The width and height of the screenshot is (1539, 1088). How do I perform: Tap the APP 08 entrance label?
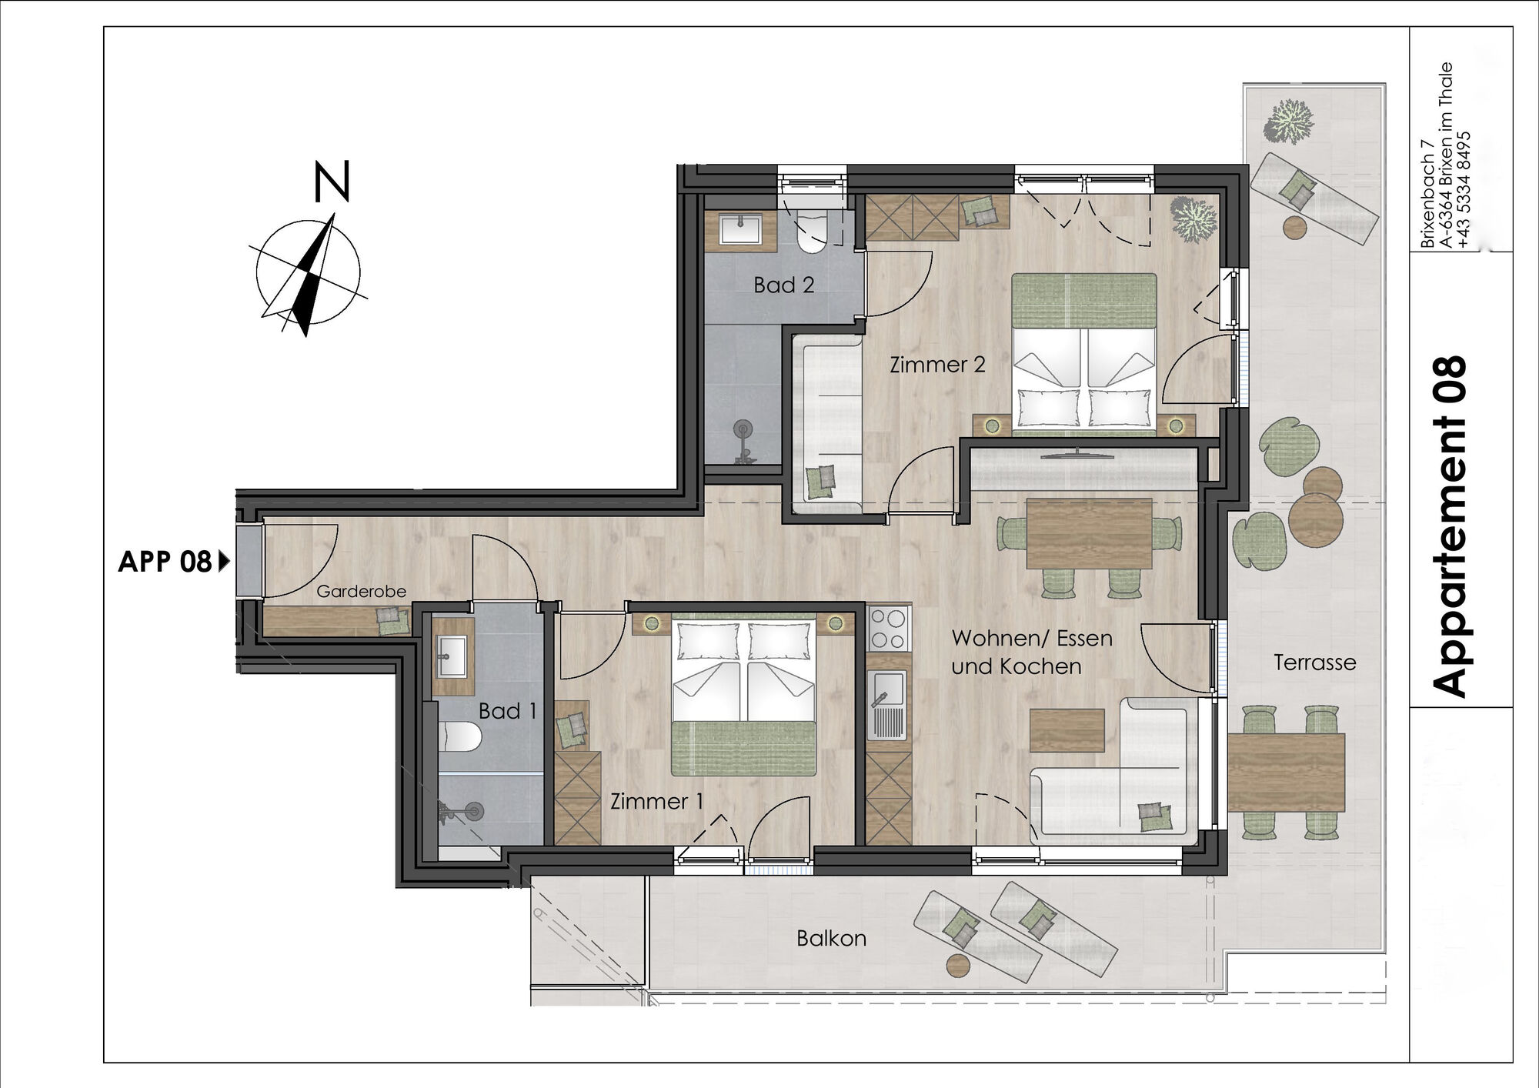click(x=165, y=562)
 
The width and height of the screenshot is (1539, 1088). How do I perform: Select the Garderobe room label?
click(x=361, y=591)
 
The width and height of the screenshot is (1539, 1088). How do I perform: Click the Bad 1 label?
click(x=507, y=711)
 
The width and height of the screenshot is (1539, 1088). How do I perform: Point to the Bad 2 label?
click(x=783, y=285)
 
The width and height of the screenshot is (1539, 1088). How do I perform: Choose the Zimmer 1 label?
click(x=656, y=801)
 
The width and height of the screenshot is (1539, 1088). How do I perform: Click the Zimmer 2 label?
click(x=937, y=364)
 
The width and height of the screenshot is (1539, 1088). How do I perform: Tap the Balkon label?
click(x=831, y=938)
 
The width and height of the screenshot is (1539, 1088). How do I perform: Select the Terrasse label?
click(x=1314, y=662)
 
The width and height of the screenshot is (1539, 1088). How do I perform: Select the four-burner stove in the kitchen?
click(x=889, y=629)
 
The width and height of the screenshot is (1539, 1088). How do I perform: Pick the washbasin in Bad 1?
click(x=452, y=654)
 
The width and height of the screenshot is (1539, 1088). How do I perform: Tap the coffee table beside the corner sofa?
click(x=1067, y=730)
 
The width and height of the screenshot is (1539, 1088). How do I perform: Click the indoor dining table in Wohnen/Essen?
click(x=1089, y=533)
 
